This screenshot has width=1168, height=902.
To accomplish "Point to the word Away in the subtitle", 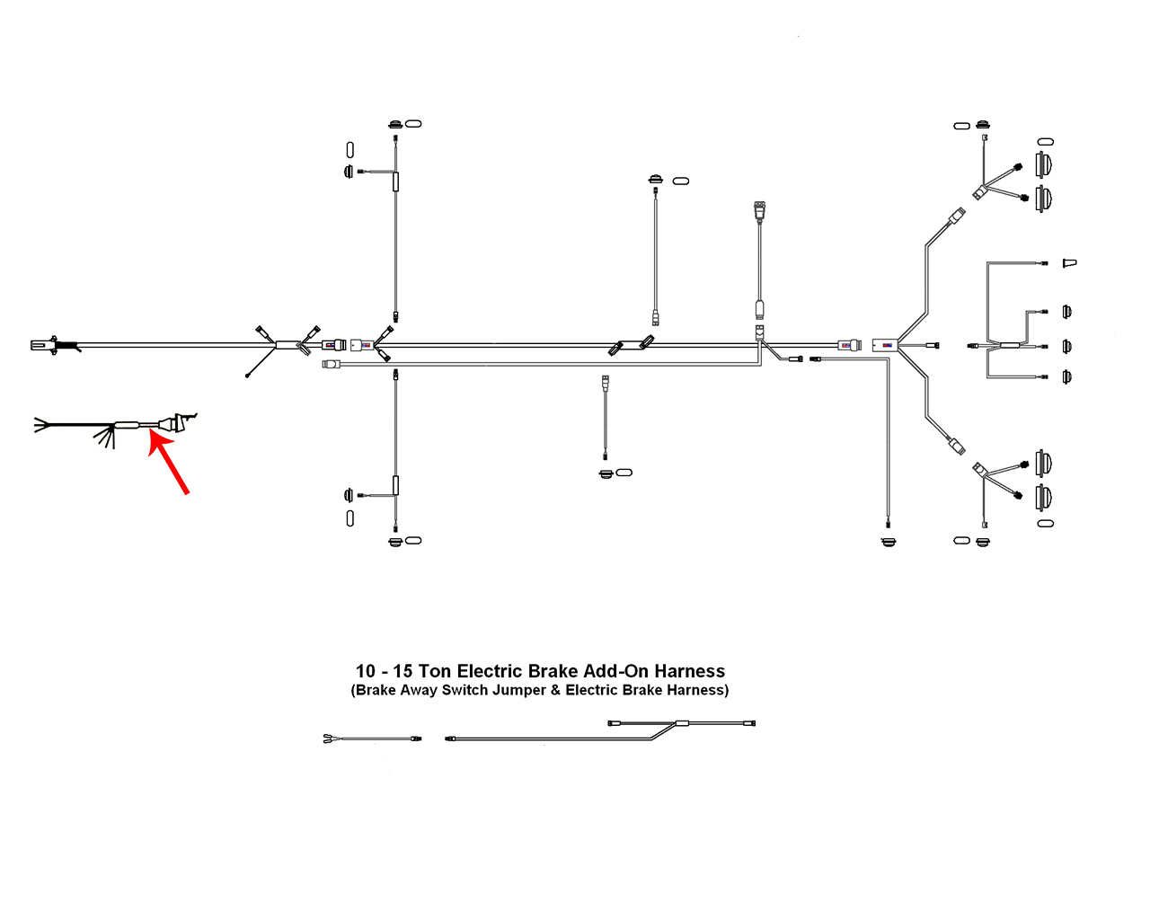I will [418, 691].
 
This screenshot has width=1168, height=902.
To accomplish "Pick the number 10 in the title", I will [366, 671].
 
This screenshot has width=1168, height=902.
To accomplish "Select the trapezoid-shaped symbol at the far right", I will [1068, 263].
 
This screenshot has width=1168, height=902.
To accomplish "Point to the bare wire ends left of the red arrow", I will [41, 424].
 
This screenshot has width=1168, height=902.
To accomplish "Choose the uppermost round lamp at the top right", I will [1044, 164].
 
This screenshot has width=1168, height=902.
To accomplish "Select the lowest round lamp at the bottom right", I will [1044, 496].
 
